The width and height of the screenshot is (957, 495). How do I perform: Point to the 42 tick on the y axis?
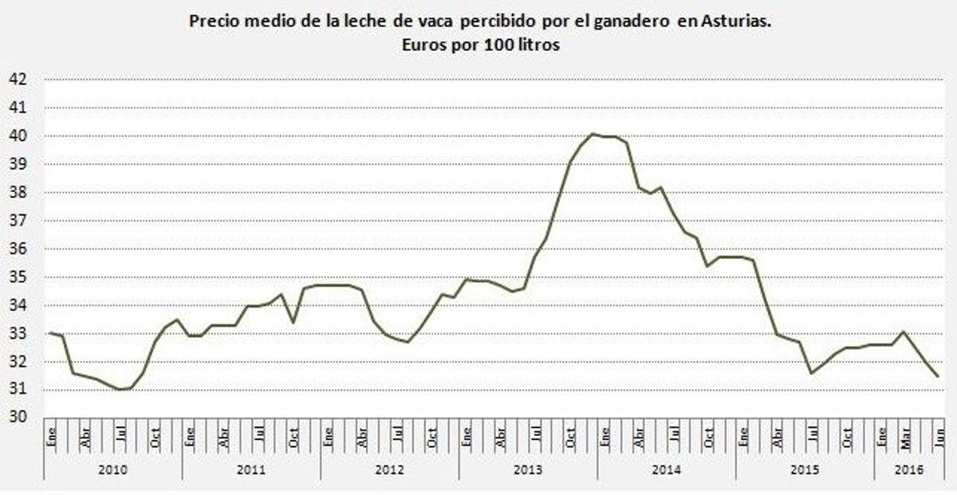click(x=18, y=79)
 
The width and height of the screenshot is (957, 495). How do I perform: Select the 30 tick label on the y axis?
click(x=18, y=418)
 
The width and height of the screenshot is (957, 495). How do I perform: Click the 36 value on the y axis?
click(x=18, y=249)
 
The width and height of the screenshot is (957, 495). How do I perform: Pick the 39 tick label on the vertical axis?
click(x=18, y=164)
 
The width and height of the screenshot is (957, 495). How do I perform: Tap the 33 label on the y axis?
click(x=18, y=333)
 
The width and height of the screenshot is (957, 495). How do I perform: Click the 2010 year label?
click(x=112, y=469)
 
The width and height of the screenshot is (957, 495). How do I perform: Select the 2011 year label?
click(x=251, y=469)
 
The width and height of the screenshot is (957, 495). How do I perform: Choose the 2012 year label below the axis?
click(x=389, y=469)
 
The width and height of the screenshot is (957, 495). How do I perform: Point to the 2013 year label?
click(x=528, y=469)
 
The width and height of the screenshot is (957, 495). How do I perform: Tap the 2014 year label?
click(x=666, y=469)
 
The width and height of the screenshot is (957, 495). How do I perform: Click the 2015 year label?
click(x=804, y=469)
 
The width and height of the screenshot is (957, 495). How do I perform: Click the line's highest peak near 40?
click(x=593, y=134)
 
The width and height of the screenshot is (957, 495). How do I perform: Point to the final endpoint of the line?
click(x=937, y=376)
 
